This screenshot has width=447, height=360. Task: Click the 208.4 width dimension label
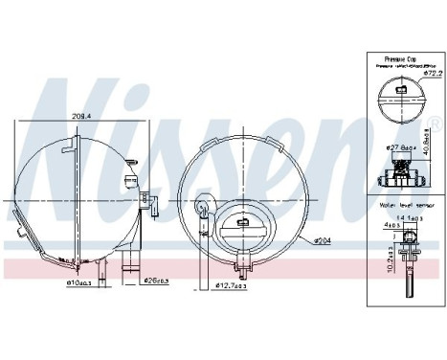point(81,116)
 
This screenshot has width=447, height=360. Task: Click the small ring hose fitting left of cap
point(203,205)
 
